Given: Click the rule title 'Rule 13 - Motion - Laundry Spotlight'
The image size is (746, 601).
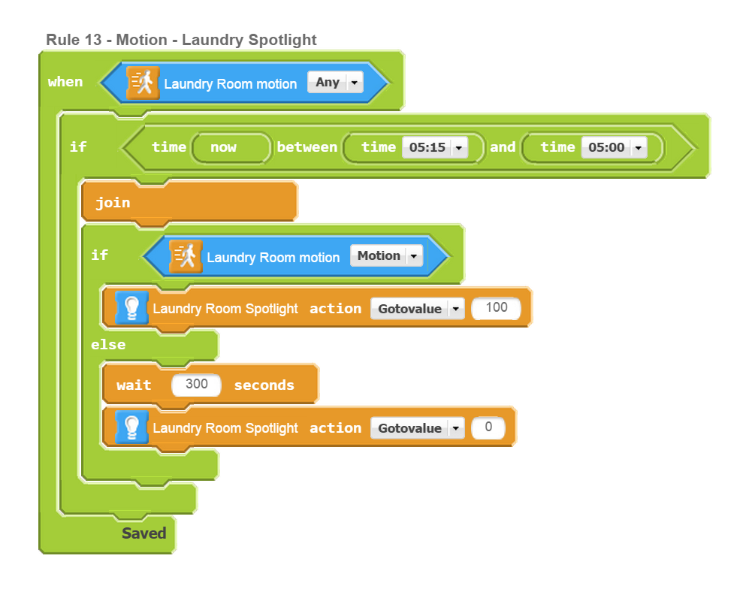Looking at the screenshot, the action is pos(181,40).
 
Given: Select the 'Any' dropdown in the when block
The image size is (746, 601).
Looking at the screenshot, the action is pos(335,83).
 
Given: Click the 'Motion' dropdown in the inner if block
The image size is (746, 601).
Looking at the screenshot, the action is pos(386,256).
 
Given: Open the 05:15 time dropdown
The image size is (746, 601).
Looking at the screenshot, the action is pos(435,147).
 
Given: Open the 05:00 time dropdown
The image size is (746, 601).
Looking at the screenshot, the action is pos(615,147).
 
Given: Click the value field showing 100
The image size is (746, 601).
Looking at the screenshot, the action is pos(497,308).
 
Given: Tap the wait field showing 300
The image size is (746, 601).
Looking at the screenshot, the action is pos(197,385).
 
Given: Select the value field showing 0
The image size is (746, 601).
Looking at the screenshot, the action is pos(488,427).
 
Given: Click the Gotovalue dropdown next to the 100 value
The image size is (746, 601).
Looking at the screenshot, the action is pos(417,309).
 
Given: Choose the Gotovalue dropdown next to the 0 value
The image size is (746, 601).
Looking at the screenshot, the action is pos(417,428).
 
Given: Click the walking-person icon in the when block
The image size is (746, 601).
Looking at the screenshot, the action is pos(143,83).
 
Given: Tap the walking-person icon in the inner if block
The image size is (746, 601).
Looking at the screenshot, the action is pos(186,257).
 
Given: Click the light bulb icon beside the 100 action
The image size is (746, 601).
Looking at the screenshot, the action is pos(131,308).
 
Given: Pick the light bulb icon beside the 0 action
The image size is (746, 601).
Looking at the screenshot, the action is pos(131,427).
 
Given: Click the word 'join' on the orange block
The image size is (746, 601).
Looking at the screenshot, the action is pos(113,203).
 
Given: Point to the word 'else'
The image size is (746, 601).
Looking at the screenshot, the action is pos(108,345).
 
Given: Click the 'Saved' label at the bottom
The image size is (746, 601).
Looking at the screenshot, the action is pos(143,533).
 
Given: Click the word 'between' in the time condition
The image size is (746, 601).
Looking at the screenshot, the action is pos(307,147).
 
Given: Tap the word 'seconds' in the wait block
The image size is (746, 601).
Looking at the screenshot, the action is pos(264,385).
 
